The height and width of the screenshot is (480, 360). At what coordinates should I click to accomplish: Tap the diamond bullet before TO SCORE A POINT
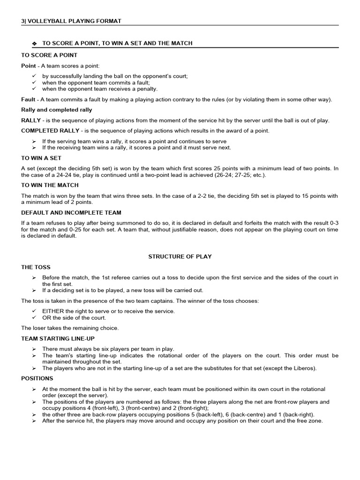coord(34,44)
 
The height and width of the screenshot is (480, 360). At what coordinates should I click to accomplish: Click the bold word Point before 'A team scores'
coord(29,66)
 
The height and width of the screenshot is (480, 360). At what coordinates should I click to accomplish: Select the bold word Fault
coord(28,99)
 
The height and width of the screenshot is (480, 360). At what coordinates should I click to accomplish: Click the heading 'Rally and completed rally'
coord(57,110)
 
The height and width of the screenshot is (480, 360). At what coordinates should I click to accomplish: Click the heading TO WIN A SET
coord(41,158)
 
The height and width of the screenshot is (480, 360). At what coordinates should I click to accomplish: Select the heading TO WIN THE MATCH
coord(50,185)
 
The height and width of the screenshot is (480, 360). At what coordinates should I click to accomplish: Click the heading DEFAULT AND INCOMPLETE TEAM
coord(71,212)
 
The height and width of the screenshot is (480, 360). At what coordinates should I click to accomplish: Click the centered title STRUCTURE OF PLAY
coord(180,256)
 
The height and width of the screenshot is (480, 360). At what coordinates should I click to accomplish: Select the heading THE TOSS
coord(36,267)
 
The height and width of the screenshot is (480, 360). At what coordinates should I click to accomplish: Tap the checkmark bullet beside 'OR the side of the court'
coord(34,317)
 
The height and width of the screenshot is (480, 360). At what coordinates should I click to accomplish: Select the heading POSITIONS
coord(37,378)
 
